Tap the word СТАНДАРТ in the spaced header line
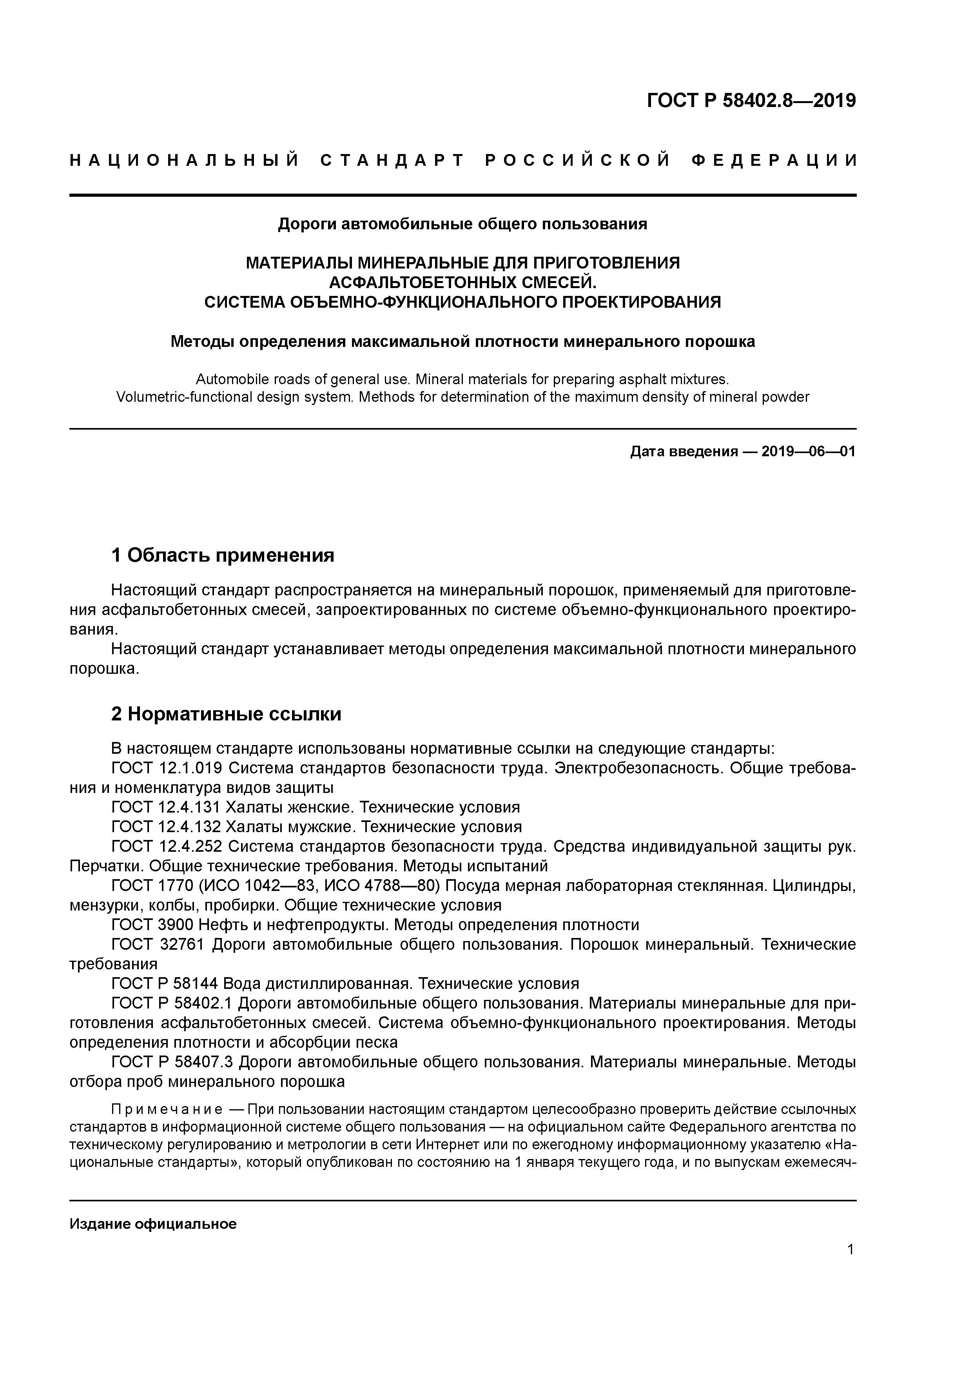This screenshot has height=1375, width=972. coord(393,160)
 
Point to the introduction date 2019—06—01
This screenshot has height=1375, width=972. coord(808,452)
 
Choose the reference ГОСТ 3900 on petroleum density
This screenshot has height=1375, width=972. coord(153,925)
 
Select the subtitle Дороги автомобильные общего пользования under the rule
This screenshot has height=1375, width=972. coord(462,224)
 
